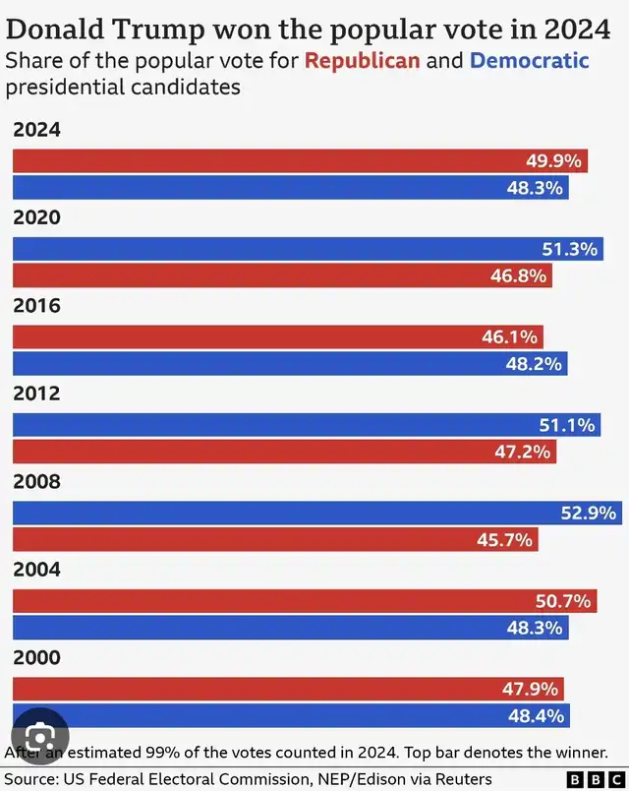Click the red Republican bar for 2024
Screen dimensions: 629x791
pos(300,161)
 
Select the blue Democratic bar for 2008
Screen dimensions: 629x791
pos(317,513)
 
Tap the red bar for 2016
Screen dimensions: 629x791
pos(278,336)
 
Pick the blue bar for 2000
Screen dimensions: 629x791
pos(291,715)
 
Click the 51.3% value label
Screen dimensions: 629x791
pos(569,249)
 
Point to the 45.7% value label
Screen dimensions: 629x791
pos(504,540)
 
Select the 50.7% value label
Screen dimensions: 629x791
pos(563,601)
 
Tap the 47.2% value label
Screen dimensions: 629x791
pos(522,452)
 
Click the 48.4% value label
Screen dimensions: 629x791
pos(536,716)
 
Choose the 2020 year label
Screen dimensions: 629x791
pos(36,217)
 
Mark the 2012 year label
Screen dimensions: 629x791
pos(36,394)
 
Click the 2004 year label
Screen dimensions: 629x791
pos(36,570)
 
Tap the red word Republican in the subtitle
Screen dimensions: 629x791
pos(362,61)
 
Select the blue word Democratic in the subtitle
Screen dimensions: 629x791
pos(529,61)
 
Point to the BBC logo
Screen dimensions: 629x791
pos(596,779)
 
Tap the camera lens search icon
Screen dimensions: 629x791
pos(40,737)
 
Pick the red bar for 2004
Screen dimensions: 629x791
pos(305,601)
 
